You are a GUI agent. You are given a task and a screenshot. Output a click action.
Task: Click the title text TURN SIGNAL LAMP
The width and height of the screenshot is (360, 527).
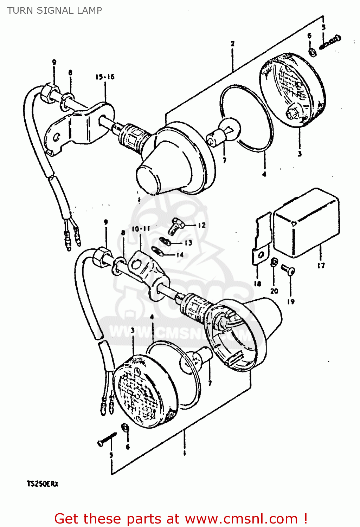point(54,11)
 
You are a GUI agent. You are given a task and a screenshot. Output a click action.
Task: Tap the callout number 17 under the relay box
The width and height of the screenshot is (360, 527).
point(321,266)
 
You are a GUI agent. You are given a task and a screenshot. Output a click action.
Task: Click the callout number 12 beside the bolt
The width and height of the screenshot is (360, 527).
point(201,225)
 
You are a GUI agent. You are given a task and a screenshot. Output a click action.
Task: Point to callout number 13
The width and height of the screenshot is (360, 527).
point(188,243)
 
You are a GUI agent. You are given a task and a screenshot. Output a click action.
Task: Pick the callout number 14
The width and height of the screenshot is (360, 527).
point(180,255)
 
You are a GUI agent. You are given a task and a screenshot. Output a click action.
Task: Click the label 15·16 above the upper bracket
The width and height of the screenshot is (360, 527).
point(105,77)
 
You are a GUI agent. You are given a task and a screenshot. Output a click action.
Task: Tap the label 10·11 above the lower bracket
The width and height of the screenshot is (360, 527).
point(141,229)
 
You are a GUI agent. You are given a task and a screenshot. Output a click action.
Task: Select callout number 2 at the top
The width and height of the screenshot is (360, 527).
point(232,44)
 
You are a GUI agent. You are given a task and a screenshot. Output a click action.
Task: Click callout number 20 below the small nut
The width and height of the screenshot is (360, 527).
point(274,291)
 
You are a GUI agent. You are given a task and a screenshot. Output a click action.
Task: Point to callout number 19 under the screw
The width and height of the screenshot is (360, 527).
point(291,301)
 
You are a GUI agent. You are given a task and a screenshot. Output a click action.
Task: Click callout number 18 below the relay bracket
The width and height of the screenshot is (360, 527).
point(257,284)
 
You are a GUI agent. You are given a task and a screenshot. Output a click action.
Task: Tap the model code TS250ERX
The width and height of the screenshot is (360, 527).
point(43,484)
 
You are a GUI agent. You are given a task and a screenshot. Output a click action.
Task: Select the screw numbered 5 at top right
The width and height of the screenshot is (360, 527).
point(330,42)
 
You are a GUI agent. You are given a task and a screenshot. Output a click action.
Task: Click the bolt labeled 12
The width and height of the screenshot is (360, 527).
point(175,225)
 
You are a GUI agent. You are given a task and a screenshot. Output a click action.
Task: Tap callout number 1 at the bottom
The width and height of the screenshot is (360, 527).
point(184,453)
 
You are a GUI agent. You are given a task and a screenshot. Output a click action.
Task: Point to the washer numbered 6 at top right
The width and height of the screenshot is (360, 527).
point(312,52)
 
